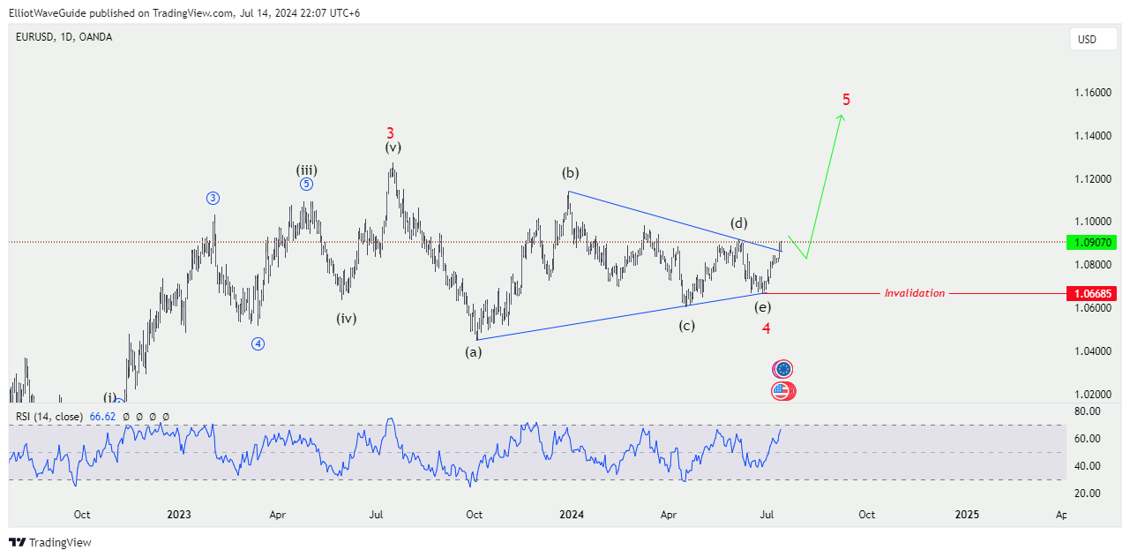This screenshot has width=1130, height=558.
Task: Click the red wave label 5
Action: (846, 99)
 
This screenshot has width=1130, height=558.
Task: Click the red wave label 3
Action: (390, 133)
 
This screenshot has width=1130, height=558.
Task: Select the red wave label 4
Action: (767, 328)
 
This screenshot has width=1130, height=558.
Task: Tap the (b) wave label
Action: (571, 172)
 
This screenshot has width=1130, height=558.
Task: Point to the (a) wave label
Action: (474, 352)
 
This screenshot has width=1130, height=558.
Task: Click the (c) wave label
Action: (686, 326)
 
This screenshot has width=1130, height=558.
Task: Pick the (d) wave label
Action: (739, 222)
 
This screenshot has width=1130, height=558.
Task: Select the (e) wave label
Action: (762, 307)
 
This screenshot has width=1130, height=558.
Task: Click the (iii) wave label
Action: (306, 170)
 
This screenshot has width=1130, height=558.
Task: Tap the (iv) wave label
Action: (346, 319)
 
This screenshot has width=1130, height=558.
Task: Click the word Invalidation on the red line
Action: (914, 293)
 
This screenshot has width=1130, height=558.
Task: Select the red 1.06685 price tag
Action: (1090, 293)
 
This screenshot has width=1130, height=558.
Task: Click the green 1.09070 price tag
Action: (1090, 242)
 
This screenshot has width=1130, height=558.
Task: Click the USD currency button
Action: (1087, 40)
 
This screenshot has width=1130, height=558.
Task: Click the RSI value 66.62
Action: (101, 417)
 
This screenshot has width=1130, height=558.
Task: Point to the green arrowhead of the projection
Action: (842, 117)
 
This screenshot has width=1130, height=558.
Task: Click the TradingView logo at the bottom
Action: (50, 542)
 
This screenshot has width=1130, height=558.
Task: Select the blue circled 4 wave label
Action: (258, 344)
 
